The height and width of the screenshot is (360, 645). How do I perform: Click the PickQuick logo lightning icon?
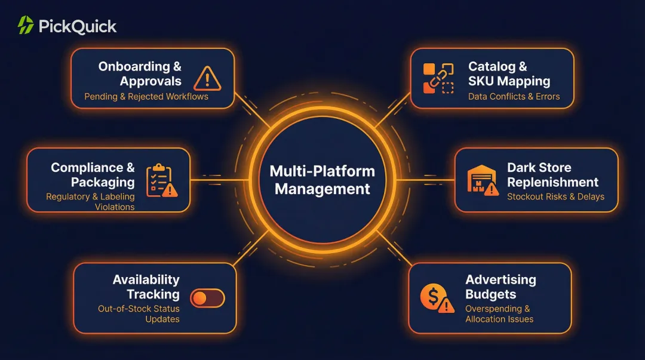[x=26, y=25]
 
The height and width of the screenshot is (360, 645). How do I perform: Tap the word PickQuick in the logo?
[x=78, y=26]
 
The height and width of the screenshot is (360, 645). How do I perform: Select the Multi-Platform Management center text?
[x=322, y=180]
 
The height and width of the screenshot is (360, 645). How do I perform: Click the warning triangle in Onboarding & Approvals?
[x=207, y=78]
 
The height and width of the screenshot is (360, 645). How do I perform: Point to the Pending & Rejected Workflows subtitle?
[x=146, y=97]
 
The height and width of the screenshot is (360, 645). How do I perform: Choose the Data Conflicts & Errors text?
[x=514, y=97]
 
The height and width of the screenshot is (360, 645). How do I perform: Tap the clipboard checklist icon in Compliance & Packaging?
[x=160, y=180]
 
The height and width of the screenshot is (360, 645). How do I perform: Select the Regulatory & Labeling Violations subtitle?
[x=91, y=202]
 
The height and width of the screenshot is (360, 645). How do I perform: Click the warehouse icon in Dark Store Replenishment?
[x=481, y=180]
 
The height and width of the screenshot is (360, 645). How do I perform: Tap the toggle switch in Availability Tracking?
[x=207, y=298]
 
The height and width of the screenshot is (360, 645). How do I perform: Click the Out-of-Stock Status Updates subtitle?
[x=139, y=314]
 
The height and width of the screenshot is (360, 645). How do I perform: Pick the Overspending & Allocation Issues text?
[x=499, y=314]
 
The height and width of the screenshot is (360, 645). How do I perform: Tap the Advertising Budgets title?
[x=500, y=287]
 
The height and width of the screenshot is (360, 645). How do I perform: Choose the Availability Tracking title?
[x=146, y=287]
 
